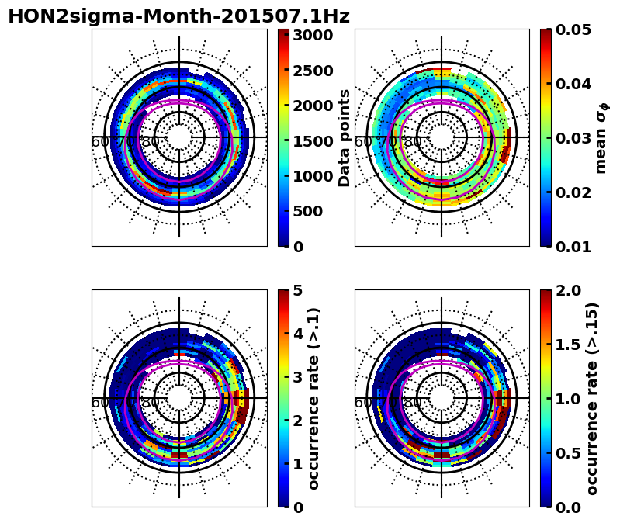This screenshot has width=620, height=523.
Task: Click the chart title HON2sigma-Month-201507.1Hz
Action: (x=178, y=16)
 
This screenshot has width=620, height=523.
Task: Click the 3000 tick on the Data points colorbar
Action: (x=313, y=35)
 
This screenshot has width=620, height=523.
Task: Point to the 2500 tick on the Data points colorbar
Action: (x=313, y=71)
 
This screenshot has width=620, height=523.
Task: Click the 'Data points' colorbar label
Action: (x=345, y=137)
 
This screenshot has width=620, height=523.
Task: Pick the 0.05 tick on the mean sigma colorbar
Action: (x=574, y=29)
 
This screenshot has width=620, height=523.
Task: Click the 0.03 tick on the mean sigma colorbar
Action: (x=574, y=138)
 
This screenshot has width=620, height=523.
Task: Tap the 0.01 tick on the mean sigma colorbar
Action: (x=574, y=247)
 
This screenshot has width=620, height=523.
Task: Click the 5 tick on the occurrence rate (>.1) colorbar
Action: (x=297, y=290)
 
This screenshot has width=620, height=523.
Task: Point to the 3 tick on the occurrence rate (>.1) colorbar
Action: (x=297, y=377)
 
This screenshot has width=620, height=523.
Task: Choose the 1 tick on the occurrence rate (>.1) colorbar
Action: (x=297, y=464)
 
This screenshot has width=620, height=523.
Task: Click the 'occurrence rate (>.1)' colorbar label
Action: (x=314, y=398)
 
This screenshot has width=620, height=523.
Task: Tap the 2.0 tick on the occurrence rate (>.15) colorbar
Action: (x=569, y=290)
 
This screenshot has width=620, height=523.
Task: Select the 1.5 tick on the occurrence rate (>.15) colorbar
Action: (x=569, y=345)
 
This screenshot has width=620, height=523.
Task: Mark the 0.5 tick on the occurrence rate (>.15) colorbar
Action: (x=569, y=453)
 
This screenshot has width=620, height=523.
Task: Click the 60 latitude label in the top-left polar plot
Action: (x=101, y=142)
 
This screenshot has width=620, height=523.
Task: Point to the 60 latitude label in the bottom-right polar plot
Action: (x=363, y=403)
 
